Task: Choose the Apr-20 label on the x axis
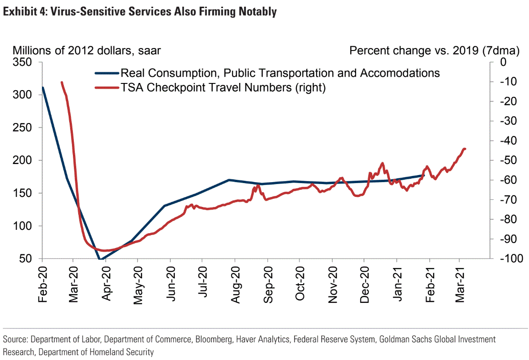click(x=105, y=284)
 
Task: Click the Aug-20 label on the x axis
click(x=235, y=284)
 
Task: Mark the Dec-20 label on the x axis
click(x=365, y=284)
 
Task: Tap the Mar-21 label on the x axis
click(x=459, y=284)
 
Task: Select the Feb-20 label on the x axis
click(x=42, y=284)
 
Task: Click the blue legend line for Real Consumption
click(x=106, y=73)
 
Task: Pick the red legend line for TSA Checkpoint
click(x=106, y=88)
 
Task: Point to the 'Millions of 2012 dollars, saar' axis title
click(x=87, y=51)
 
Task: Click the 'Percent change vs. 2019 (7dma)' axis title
click(x=427, y=51)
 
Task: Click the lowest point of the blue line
click(x=101, y=259)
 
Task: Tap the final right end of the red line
click(x=465, y=149)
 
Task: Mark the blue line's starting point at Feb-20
click(x=43, y=87)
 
